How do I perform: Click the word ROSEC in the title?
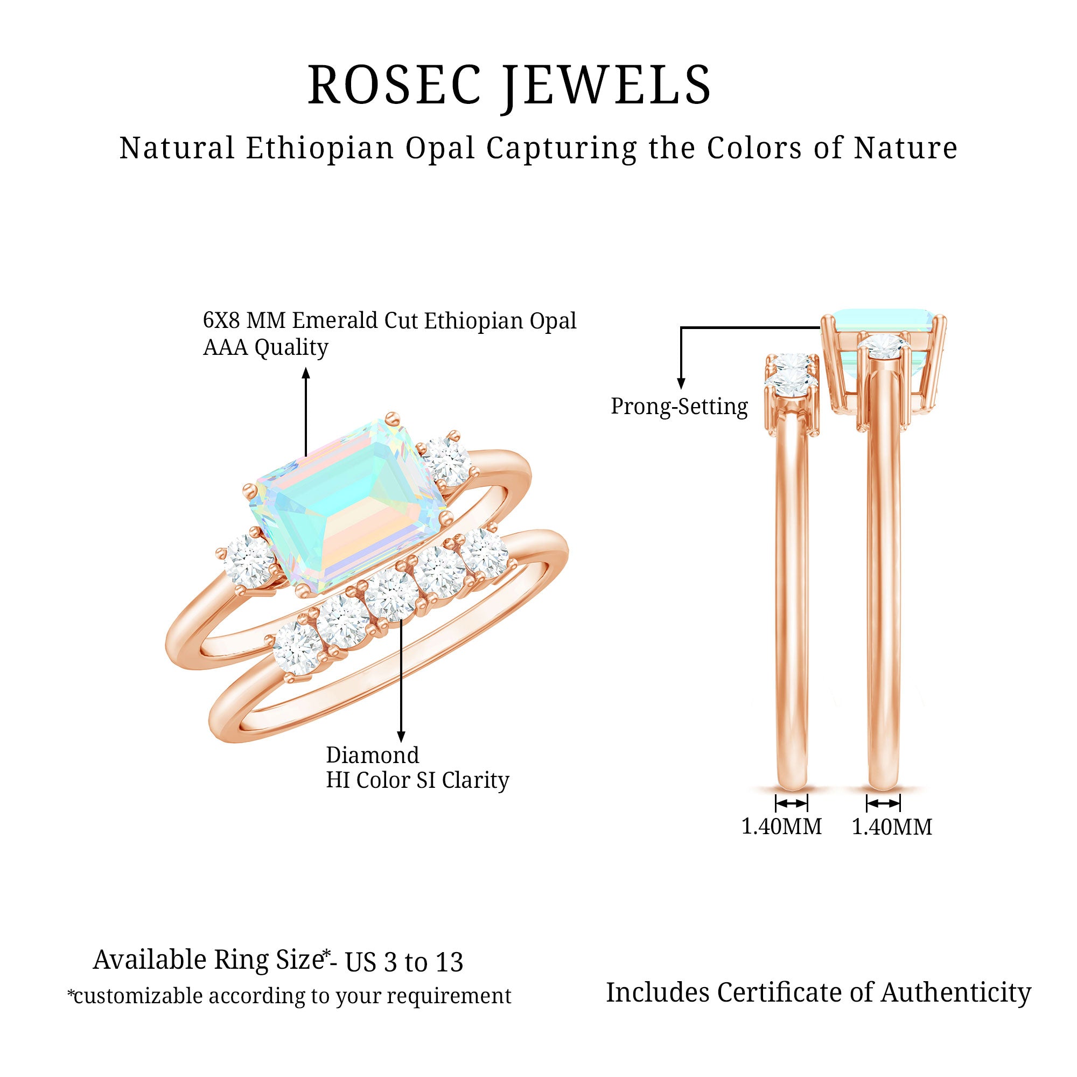coord(394,85)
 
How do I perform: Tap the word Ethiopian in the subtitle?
coord(319,148)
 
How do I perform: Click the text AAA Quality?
coord(265,348)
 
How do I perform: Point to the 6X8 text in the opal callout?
coord(221,320)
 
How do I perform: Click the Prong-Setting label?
coord(679,407)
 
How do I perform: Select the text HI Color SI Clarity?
coord(417,780)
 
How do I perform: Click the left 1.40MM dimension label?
coord(781,827)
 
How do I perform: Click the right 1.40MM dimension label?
coord(892,827)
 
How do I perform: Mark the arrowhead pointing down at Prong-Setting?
coord(681,383)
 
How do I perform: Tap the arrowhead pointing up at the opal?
coord(305,373)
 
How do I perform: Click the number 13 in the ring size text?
coord(449,963)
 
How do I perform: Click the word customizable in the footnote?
coord(138,996)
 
